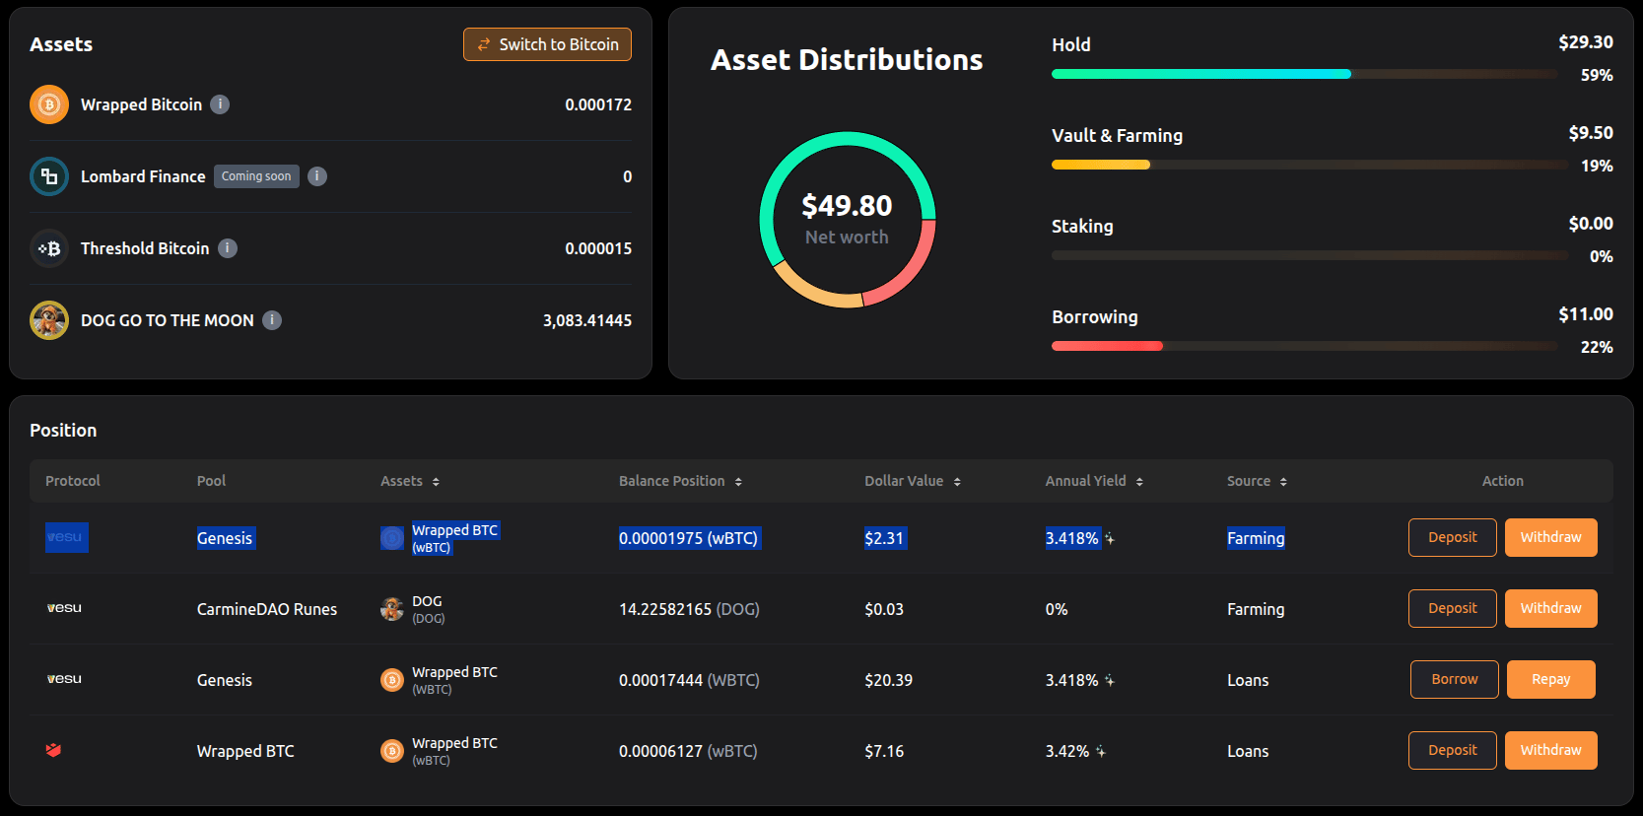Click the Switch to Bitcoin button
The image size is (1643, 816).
point(547,44)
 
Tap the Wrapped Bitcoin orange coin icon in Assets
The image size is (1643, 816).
point(49,104)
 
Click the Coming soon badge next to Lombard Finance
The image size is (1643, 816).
point(256,176)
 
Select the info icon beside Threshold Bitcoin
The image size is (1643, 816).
point(228,248)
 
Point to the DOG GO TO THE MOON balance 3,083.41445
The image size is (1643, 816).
point(586,320)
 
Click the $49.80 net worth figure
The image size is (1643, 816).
point(847,206)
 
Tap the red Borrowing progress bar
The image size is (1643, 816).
point(1107,346)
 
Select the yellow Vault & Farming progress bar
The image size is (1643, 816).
point(1100,165)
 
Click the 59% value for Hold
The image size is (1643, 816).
point(1596,75)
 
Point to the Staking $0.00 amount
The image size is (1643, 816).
point(1590,224)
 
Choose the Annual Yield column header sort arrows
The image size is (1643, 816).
point(1139,482)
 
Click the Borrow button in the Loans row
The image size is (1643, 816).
point(1454,679)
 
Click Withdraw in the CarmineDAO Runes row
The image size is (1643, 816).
point(1550,608)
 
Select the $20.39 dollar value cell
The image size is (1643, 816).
point(888,680)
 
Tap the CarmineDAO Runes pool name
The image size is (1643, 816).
point(267,609)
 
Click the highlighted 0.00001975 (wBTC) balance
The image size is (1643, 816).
point(689,538)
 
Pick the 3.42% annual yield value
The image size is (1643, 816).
point(1067,752)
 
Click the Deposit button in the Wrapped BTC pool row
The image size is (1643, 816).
point(1453,750)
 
